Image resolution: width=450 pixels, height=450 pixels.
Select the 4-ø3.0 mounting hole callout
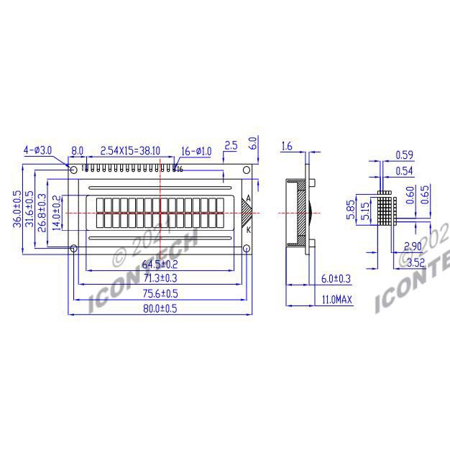(x=37, y=150)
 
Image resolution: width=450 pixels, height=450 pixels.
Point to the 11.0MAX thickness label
(x=336, y=299)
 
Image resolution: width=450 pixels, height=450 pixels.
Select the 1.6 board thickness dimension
(x=285, y=147)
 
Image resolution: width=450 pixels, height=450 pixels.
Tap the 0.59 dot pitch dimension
(x=405, y=154)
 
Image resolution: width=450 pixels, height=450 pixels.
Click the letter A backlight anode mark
(x=248, y=198)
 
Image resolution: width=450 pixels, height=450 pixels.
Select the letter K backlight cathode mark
(x=248, y=230)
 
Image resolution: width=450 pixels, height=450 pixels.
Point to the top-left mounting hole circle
(x=73, y=170)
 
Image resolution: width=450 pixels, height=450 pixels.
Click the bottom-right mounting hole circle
(x=246, y=249)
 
